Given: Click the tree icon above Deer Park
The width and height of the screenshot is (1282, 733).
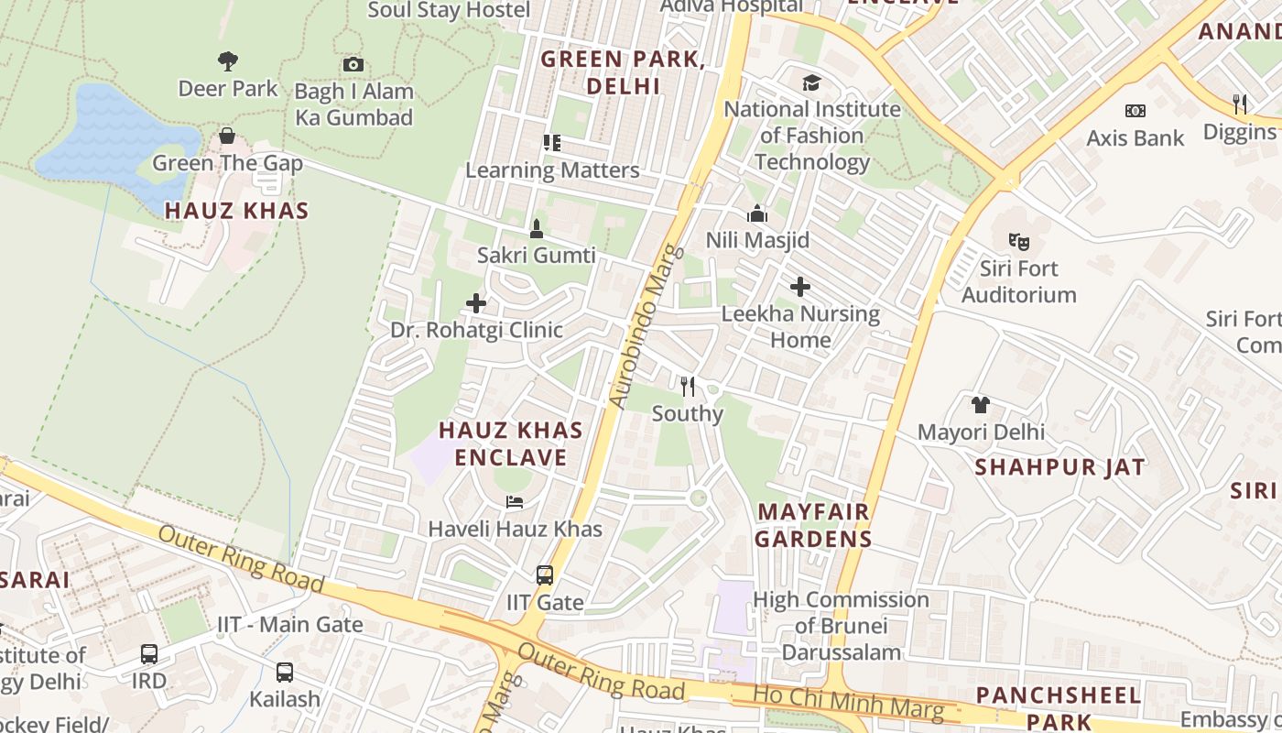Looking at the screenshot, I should tap(228, 61).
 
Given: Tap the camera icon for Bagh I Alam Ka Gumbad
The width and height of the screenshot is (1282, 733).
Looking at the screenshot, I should tap(353, 64).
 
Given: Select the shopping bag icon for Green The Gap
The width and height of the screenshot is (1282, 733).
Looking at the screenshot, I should tap(227, 137).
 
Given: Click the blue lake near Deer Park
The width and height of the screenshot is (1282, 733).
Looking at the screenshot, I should tap(110, 137).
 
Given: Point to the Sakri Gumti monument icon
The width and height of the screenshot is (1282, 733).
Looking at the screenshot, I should tap(537, 228).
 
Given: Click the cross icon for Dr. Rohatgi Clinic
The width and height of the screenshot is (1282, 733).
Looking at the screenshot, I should tap(476, 303).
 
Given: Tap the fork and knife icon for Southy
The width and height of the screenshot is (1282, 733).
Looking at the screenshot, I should tap(688, 386).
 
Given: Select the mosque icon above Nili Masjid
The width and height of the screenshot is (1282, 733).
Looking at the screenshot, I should tap(757, 213).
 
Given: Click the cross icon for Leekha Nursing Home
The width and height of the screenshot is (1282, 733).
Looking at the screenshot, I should tap(800, 287).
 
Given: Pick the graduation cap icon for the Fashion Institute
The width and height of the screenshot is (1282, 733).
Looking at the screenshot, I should tap(812, 83).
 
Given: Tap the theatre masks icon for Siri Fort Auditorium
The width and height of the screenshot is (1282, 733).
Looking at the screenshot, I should tap(1018, 242).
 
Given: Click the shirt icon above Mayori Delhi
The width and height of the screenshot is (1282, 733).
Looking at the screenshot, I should tap(981, 404).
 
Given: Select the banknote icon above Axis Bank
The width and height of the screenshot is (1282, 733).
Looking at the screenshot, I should tap(1135, 111).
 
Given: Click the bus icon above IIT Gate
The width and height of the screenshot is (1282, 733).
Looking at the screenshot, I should tap(545, 575).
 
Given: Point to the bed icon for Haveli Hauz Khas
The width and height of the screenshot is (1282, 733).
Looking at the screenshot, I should tap(515, 502).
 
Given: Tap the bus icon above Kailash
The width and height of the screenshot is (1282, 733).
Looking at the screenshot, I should tap(285, 672).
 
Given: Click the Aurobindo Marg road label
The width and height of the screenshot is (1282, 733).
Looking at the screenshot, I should tap(646, 326).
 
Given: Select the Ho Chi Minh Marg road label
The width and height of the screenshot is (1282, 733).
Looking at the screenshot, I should tap(848, 701).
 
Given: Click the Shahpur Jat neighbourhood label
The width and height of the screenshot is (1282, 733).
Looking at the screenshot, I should tap(1059, 467).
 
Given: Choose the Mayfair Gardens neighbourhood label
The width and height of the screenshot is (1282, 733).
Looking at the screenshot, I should tap(813, 525).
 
